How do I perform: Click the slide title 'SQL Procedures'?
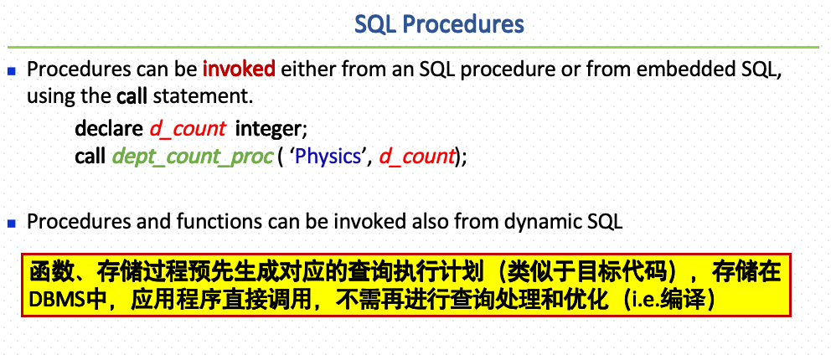point(439,23)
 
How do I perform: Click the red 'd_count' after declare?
point(188,129)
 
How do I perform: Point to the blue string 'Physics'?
point(328,156)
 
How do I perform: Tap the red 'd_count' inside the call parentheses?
point(416,156)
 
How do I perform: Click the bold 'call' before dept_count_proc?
point(90,156)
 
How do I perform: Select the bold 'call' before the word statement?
point(132,95)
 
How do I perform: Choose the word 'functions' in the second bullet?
point(222,223)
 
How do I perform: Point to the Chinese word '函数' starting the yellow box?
point(46,273)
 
